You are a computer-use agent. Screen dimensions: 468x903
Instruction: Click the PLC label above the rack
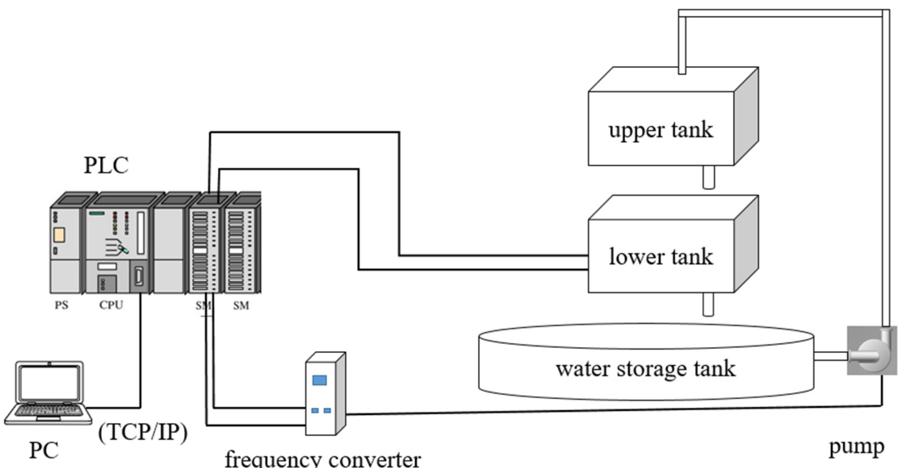point(106,165)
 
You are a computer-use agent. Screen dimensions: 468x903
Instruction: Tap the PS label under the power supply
point(61,305)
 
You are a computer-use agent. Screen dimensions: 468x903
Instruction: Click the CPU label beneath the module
point(111,305)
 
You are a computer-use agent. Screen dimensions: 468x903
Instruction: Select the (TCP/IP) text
point(143,432)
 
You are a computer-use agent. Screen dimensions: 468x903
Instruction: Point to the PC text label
point(44,450)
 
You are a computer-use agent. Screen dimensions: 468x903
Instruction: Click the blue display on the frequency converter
point(319,380)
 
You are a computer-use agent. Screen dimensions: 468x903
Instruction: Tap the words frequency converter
point(323,460)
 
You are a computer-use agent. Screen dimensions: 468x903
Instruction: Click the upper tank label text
point(660,130)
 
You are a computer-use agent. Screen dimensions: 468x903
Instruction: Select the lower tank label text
point(661,257)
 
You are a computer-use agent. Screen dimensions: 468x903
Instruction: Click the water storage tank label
point(645,369)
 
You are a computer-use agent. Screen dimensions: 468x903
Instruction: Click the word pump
point(856,447)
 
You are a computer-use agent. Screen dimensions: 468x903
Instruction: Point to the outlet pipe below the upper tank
point(708,177)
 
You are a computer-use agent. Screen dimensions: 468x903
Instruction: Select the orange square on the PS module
point(59,235)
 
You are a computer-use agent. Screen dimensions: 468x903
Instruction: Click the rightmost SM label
point(241,306)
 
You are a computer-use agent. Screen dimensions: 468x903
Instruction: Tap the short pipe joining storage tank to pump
point(830,356)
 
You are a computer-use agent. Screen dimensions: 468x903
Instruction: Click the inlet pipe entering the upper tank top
point(682,44)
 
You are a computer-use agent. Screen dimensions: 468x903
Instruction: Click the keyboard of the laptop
point(48,411)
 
